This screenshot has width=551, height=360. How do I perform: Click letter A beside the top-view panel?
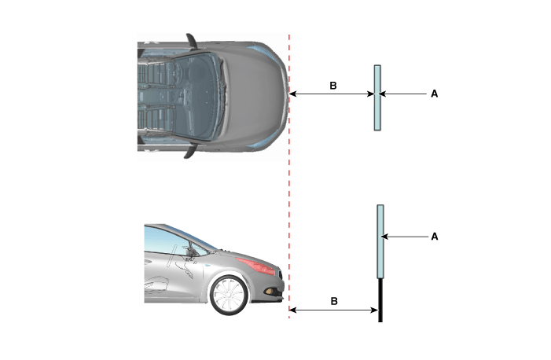[x=435, y=94]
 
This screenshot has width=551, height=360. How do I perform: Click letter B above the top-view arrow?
[x=333, y=86]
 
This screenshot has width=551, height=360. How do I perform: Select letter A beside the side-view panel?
[x=435, y=237]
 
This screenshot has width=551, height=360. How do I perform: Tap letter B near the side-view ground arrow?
[x=334, y=301]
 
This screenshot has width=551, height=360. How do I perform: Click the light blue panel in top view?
[x=377, y=97]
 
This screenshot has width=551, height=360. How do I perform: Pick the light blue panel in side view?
[x=380, y=241]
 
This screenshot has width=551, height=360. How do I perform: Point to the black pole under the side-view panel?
[x=380, y=300]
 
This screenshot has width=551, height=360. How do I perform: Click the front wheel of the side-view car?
[x=229, y=295]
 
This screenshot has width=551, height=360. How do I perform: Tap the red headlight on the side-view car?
[x=255, y=266]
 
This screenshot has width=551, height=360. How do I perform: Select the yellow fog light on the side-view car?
[x=270, y=291]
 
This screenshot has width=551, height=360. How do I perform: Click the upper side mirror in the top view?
[x=192, y=40]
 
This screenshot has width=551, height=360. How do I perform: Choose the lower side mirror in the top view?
[x=190, y=152]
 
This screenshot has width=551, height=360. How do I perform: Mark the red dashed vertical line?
[x=289, y=177]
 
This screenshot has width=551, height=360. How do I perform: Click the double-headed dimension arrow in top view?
[x=332, y=94]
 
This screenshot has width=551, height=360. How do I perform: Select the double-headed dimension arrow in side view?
[x=333, y=310]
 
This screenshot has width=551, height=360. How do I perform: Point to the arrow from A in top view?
[x=403, y=94]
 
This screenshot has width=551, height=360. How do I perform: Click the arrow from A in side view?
[x=405, y=237]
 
